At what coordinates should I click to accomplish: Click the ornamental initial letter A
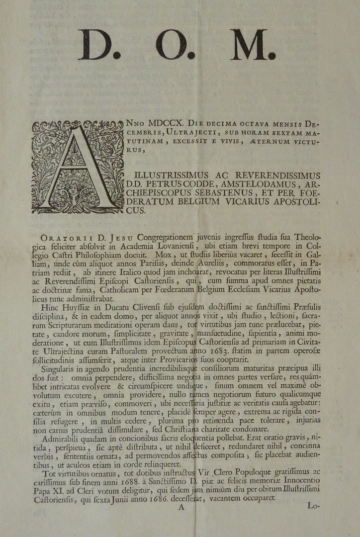(77, 167)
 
